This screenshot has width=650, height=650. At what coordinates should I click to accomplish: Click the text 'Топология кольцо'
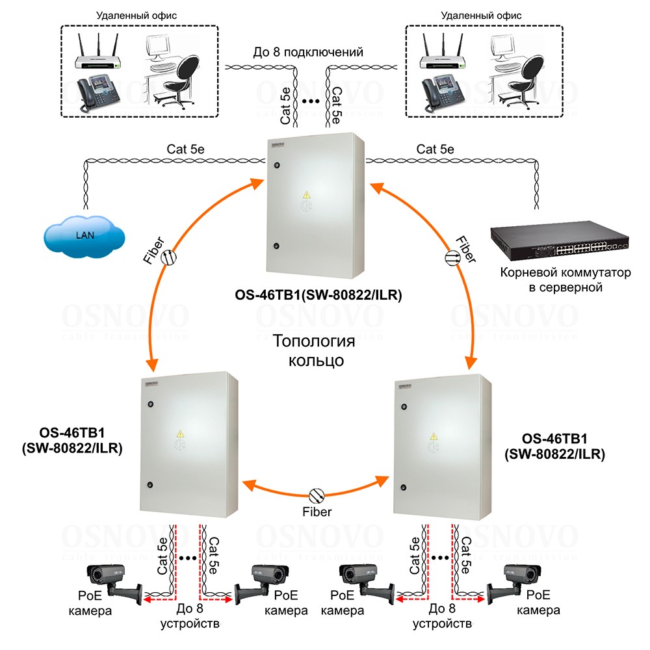coord(315,350)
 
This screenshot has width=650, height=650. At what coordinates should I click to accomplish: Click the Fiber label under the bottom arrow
coord(317,512)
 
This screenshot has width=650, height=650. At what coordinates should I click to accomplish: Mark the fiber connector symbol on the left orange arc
coord(168,257)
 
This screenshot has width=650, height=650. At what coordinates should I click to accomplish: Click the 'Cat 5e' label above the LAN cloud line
coord(183,149)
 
